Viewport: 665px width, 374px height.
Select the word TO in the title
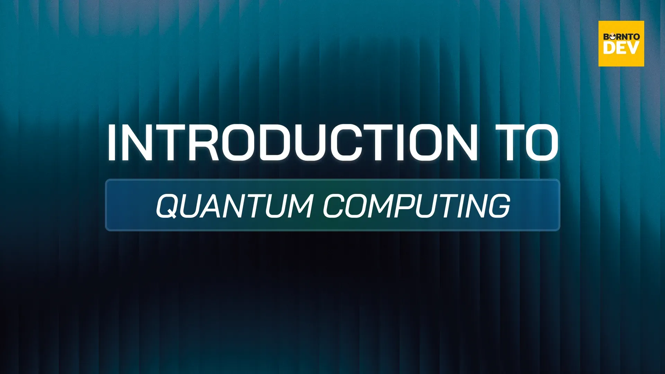click(x=527, y=143)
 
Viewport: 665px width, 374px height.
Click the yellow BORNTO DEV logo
click(x=621, y=44)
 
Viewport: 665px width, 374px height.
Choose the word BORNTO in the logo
click(x=621, y=36)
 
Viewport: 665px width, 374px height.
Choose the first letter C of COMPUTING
click(x=334, y=206)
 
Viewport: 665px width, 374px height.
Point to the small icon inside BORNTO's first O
click(x=612, y=36)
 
